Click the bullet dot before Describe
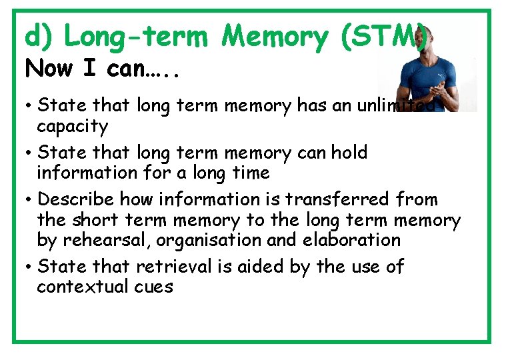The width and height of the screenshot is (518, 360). tap(31, 200)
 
